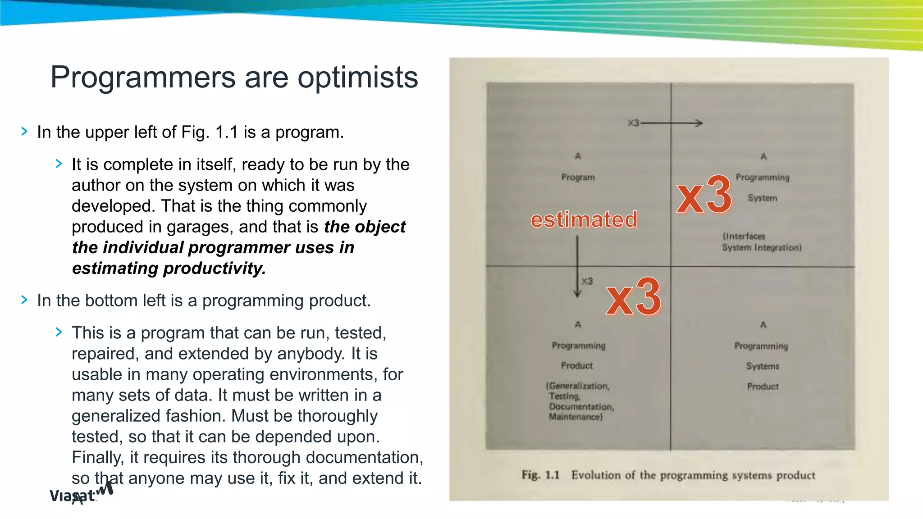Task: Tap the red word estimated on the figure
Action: [584, 220]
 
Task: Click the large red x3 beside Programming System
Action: [704, 195]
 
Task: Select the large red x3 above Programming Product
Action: [634, 297]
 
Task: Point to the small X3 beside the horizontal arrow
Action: [633, 123]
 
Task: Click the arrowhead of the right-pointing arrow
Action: [699, 123]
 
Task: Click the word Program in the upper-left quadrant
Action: [578, 178]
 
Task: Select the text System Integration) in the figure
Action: [762, 248]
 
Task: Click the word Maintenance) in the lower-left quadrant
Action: [576, 417]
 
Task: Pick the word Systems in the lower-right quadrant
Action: [762, 366]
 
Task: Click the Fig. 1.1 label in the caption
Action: [540, 475]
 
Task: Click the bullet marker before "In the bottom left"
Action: [24, 300]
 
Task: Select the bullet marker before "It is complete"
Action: [59, 164]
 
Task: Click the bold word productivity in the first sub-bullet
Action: [214, 269]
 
